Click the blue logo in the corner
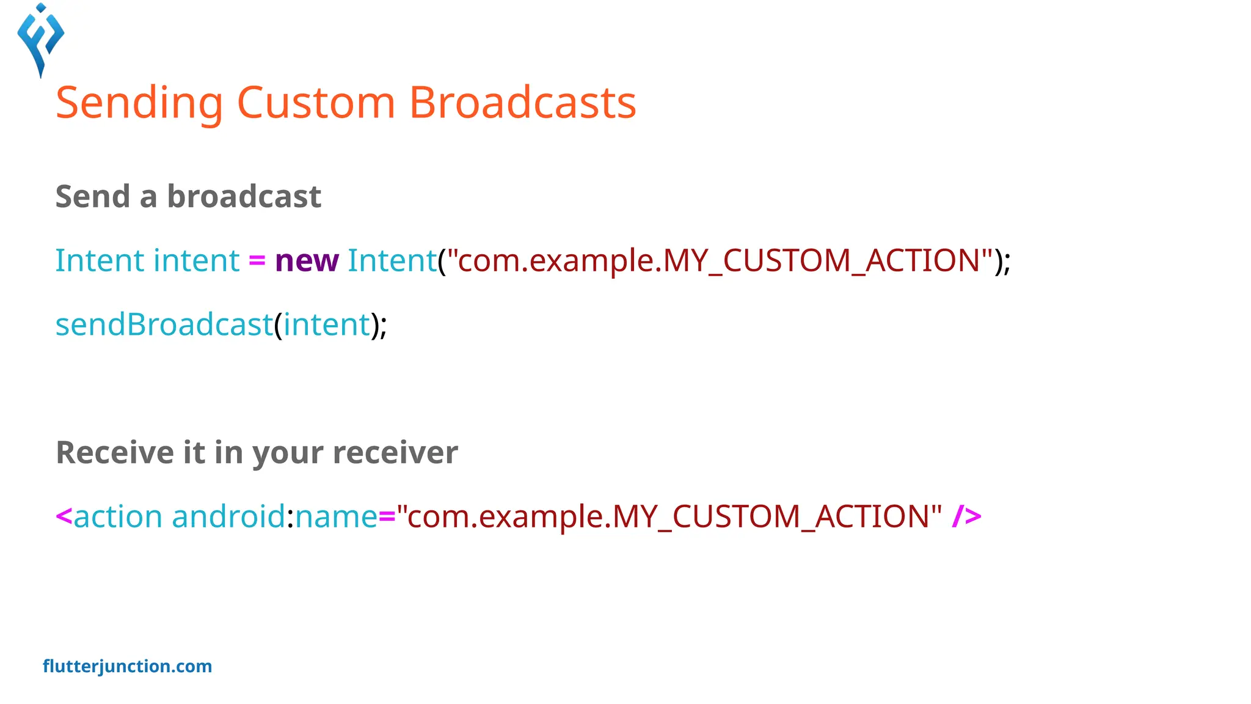pos(41,40)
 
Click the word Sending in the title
pos(139,103)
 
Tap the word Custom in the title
pos(316,103)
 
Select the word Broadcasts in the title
pos(522,103)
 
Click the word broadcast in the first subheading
pos(244,197)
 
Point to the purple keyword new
pos(307,261)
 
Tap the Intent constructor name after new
pos(392,261)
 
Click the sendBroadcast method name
pos(164,324)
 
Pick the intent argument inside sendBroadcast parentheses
pos(327,324)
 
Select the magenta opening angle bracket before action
pos(64,517)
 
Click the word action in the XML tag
pos(118,517)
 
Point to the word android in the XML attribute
pos(228,517)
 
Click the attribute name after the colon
pos(336,517)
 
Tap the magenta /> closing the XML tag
pos(966,517)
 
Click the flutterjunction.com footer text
pos(128,666)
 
